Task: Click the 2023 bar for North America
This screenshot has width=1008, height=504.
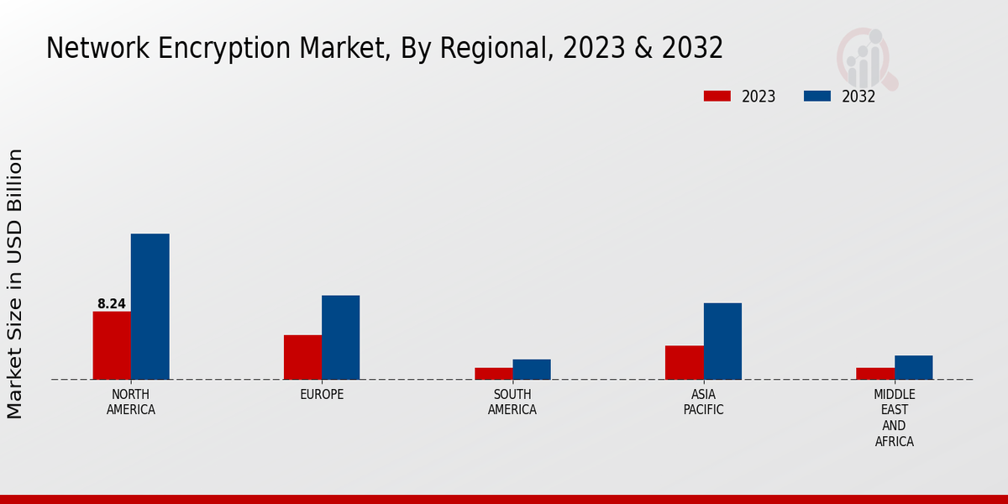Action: [112, 345]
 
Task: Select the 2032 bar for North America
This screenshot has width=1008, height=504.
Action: [150, 307]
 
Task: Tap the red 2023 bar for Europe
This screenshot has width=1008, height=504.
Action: [302, 357]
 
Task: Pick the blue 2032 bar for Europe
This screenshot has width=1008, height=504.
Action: [341, 338]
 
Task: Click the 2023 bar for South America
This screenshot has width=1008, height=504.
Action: [493, 374]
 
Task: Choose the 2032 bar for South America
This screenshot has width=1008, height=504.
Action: [532, 370]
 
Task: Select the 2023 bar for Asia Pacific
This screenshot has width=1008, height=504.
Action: [685, 363]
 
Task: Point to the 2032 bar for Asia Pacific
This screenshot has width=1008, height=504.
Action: [722, 341]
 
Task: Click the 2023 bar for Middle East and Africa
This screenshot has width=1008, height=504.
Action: [875, 374]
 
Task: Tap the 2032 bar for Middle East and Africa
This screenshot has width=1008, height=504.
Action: [914, 367]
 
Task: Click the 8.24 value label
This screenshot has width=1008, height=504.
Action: [112, 304]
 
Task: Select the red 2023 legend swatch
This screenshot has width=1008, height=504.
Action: [717, 96]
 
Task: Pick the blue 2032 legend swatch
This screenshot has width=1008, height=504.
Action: [817, 96]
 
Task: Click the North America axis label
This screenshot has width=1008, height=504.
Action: [131, 402]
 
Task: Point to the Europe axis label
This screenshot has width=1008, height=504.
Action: [322, 395]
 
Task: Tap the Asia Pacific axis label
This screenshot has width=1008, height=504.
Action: [703, 402]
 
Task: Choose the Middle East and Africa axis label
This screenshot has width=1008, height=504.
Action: [895, 418]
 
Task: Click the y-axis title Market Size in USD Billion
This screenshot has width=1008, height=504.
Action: [15, 284]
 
